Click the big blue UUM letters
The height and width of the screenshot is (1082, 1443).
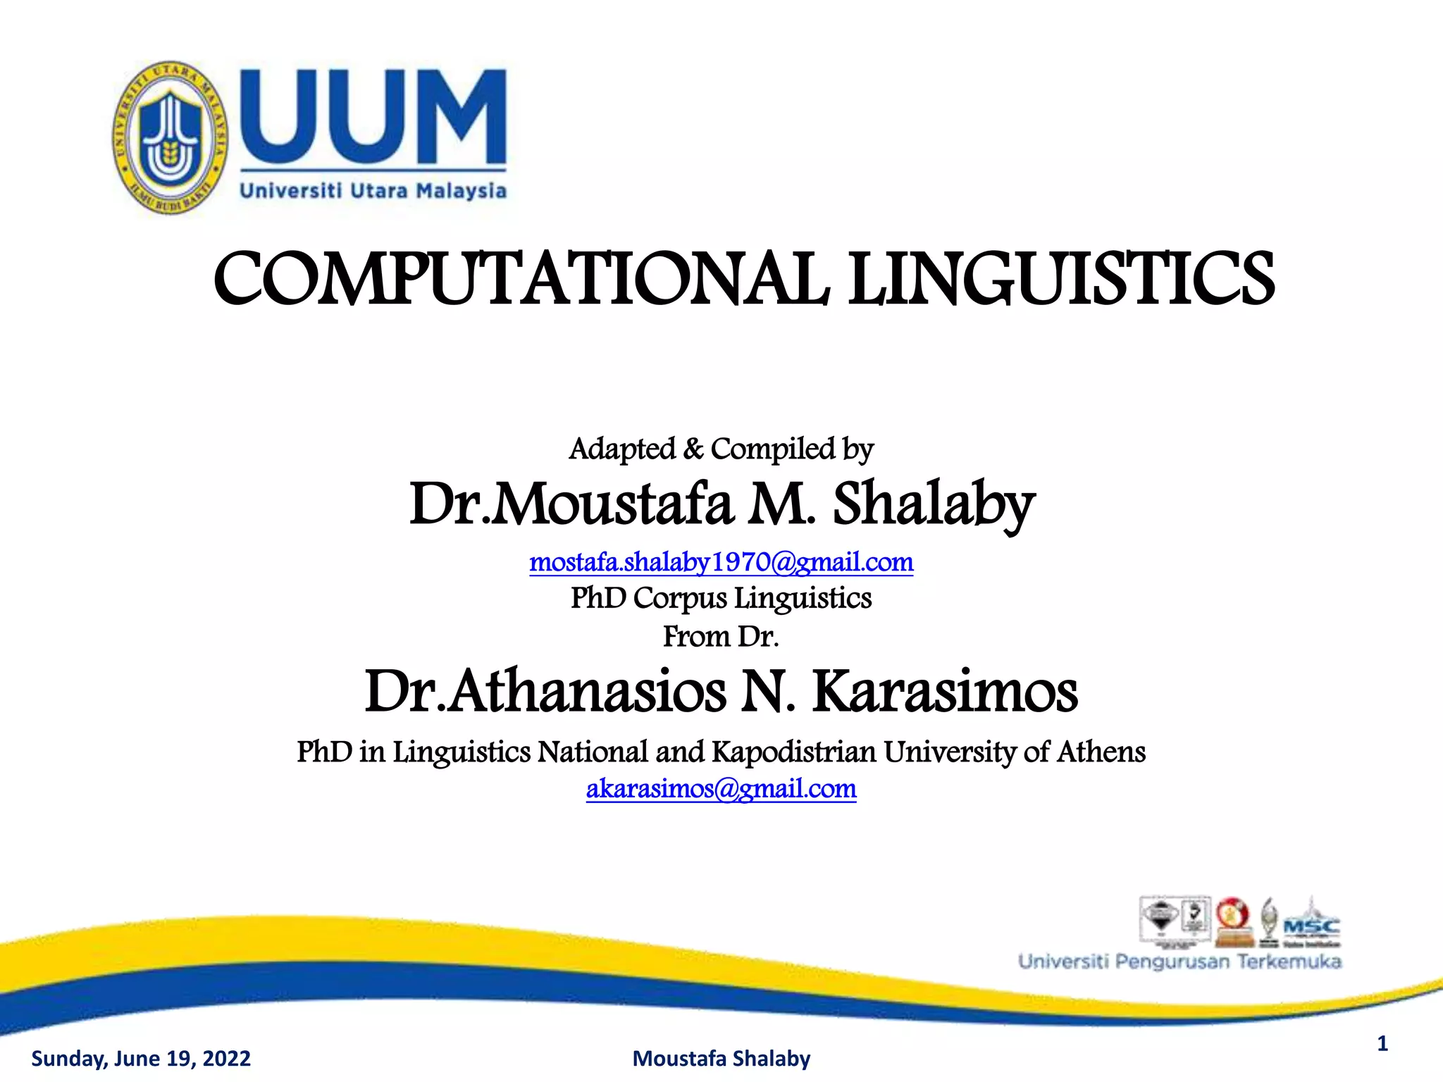pos(373,116)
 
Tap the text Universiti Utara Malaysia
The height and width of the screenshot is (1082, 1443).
pos(373,191)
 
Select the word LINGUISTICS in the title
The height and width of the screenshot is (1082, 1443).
pos(1061,280)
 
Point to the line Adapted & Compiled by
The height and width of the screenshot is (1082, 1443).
pos(721,449)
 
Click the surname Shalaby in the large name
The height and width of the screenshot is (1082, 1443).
pos(933,504)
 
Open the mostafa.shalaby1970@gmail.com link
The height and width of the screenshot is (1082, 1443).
pos(721,562)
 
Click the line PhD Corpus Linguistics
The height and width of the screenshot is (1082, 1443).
pos(721,599)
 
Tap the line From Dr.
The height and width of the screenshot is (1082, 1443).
pos(721,637)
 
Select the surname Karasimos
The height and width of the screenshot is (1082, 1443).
pos(944,692)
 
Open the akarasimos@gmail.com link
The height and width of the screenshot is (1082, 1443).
pos(721,789)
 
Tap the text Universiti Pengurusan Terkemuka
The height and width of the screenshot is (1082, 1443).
pos(1179,962)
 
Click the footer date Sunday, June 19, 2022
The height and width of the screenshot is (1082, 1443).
pos(141,1059)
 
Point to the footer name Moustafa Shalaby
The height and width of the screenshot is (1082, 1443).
pos(721,1059)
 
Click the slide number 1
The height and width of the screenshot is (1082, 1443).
pos(1382,1043)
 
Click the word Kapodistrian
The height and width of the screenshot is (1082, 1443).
pos(793,752)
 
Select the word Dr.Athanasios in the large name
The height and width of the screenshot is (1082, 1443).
pos(545,692)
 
